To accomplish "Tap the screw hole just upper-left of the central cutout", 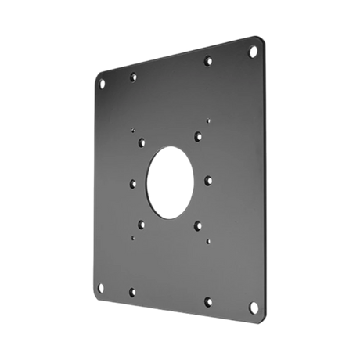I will pos(141,142).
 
